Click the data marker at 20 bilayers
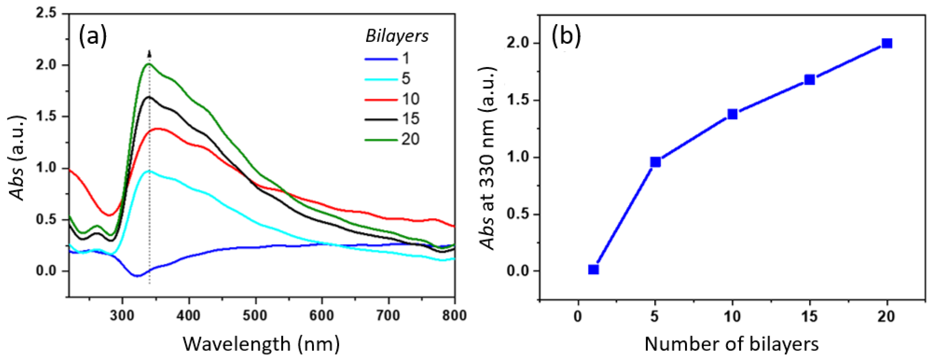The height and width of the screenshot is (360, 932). (x=886, y=43)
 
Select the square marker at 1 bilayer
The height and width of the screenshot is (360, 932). (x=593, y=270)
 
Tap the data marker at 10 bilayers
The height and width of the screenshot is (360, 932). (x=732, y=114)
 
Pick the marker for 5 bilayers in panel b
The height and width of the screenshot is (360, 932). (x=655, y=162)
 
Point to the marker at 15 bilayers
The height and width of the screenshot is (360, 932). (x=809, y=80)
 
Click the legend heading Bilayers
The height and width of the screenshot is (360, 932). (x=397, y=36)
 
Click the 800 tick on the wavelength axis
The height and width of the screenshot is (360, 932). (x=454, y=315)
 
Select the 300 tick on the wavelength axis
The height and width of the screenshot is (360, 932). (x=122, y=315)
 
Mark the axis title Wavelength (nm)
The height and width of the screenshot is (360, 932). (x=261, y=344)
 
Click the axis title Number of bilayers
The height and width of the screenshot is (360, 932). (x=732, y=344)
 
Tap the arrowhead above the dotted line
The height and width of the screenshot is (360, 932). (x=149, y=54)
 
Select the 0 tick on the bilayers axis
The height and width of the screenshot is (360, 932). (x=578, y=317)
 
